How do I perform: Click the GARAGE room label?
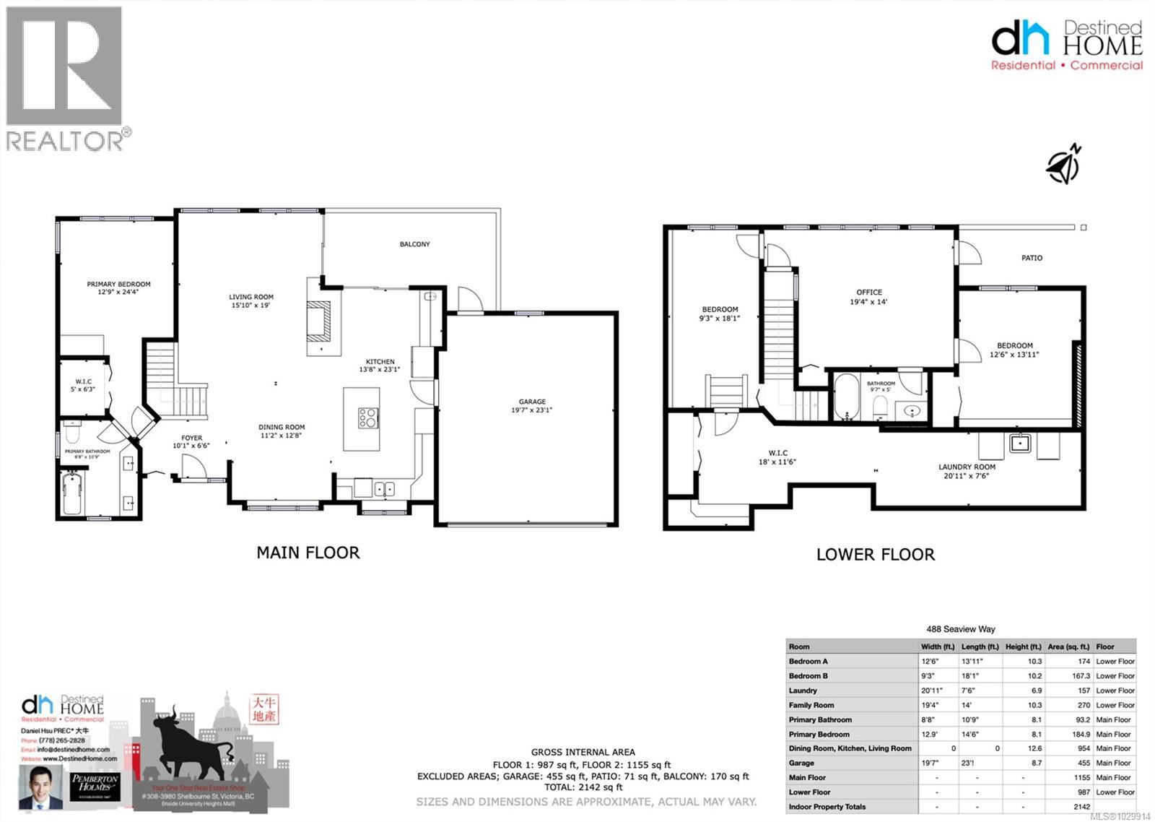tap(532, 402)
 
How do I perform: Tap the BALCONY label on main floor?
tap(415, 244)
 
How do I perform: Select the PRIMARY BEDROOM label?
tap(118, 284)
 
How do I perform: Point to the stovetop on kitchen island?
tap(367, 418)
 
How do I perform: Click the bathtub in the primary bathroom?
tap(71, 493)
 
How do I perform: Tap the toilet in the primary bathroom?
tap(71, 432)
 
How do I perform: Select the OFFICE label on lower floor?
tap(869, 293)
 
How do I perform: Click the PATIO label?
tap(1032, 258)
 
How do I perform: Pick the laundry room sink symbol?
tap(1019, 443)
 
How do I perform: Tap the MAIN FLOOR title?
tap(308, 553)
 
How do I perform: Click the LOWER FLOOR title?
tap(875, 555)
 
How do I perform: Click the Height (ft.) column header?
tap(1023, 646)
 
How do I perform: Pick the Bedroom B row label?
tap(808, 676)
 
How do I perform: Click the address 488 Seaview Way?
tap(960, 629)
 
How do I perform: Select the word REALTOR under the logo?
tap(65, 141)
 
